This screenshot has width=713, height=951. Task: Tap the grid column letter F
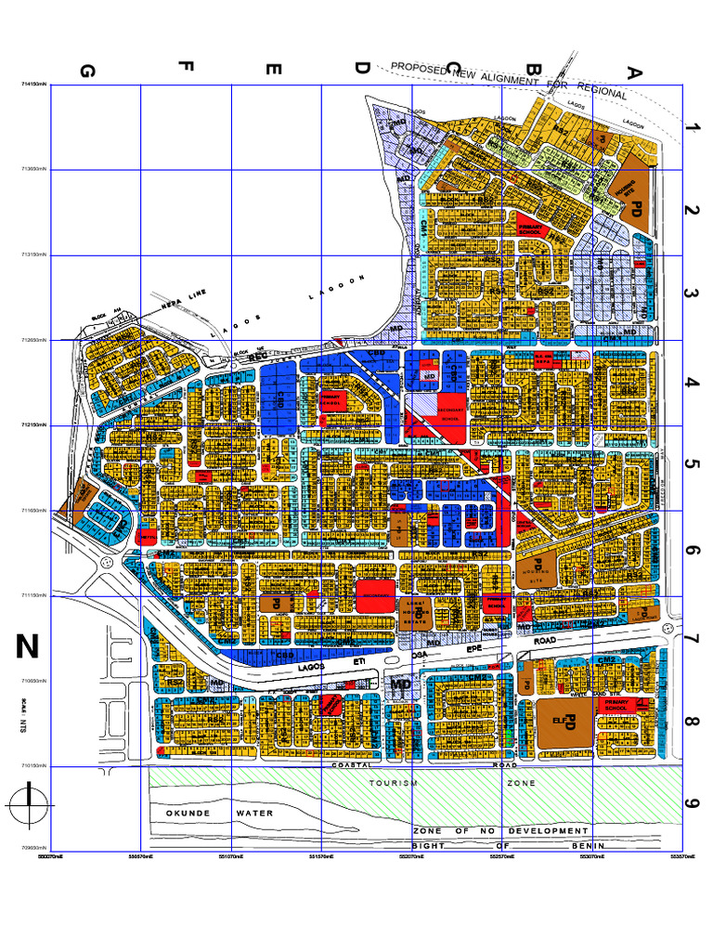[186, 67]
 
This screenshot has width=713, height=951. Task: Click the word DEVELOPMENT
[547, 830]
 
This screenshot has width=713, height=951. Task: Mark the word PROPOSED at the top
[419, 68]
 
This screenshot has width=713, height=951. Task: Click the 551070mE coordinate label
[231, 856]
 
